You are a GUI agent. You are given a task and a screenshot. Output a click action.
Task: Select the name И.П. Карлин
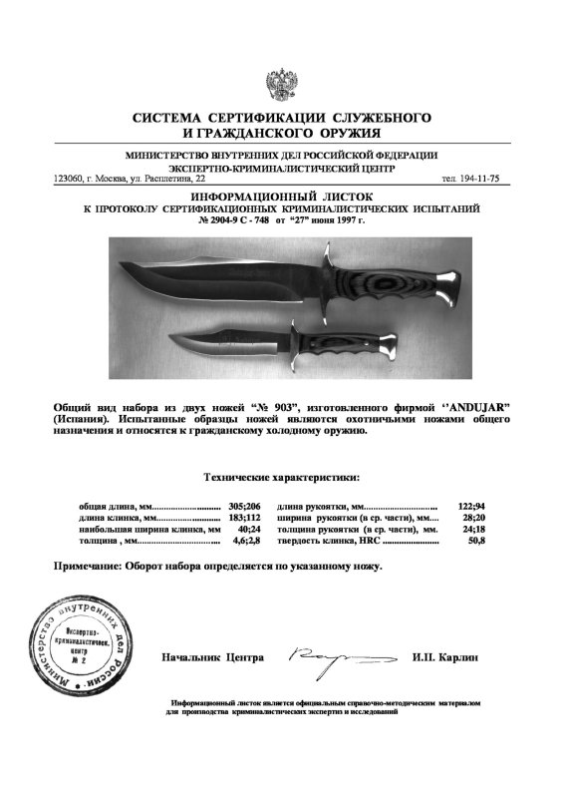coord(444,658)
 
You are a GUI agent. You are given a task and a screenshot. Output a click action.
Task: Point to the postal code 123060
coord(69,179)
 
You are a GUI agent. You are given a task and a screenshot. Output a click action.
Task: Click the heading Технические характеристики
coord(282,478)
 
